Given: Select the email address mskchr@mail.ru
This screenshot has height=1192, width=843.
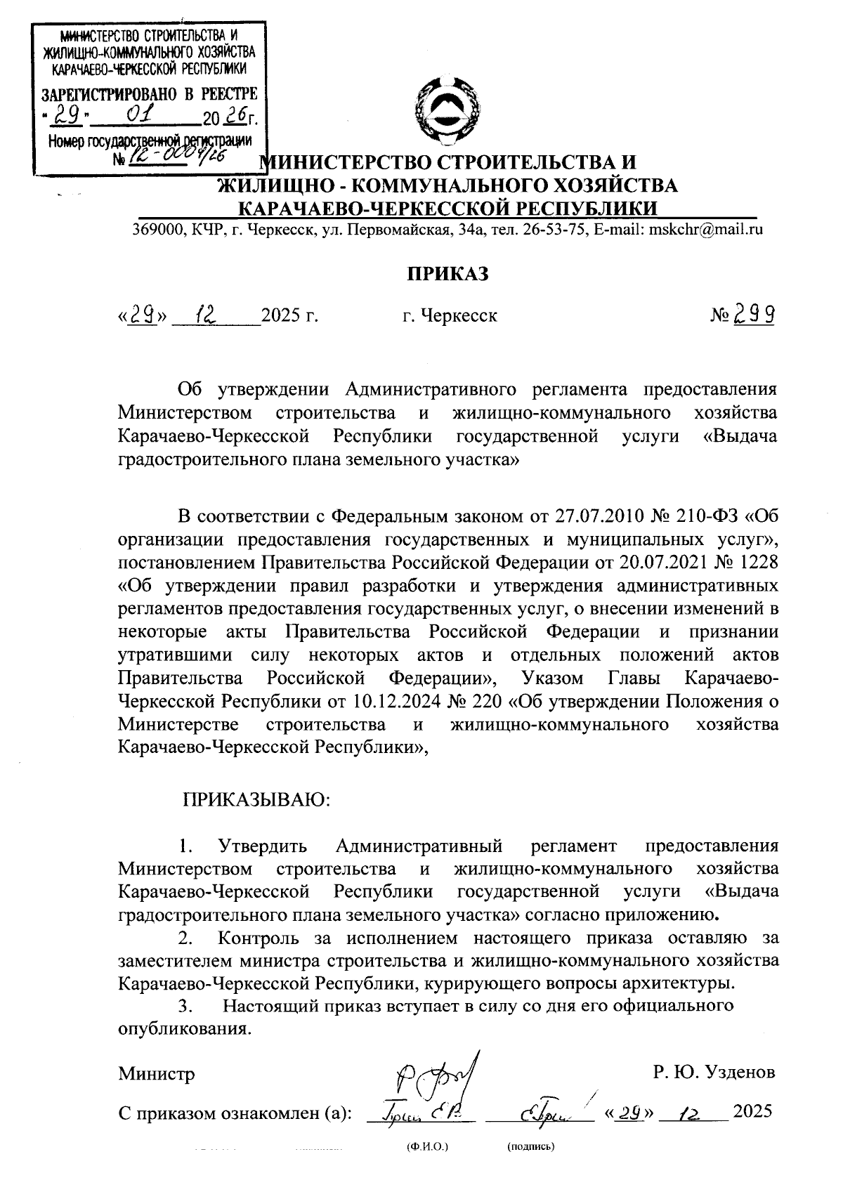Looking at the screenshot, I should click(x=706, y=229).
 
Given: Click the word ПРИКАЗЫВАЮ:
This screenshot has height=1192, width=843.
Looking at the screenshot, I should click(x=256, y=799).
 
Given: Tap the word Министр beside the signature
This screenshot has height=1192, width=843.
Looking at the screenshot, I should click(x=157, y=1073).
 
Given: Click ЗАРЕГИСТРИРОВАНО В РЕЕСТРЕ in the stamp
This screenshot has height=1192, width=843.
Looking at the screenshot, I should click(x=150, y=93).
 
